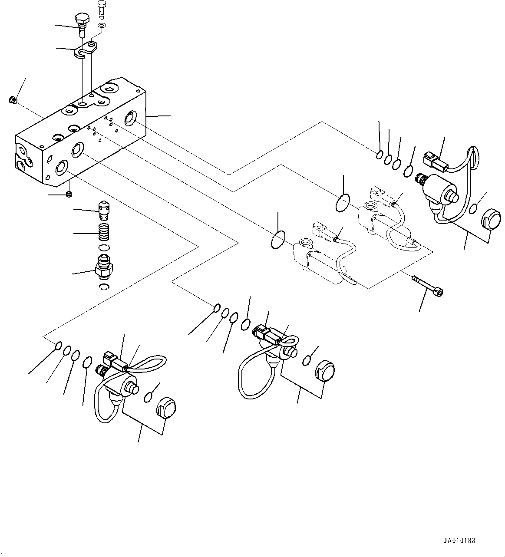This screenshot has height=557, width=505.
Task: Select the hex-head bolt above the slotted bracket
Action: pyautogui.click(x=82, y=24)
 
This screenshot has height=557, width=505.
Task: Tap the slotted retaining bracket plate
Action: pyautogui.click(x=86, y=49)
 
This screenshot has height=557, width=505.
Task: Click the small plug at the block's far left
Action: pyautogui.click(x=13, y=100)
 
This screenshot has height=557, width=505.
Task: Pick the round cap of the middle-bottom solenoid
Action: pyautogui.click(x=325, y=370)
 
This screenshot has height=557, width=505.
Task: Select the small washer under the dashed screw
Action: pyautogui.click(x=102, y=26)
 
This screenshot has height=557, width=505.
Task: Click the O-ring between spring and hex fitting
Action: pyautogui.click(x=104, y=247)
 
